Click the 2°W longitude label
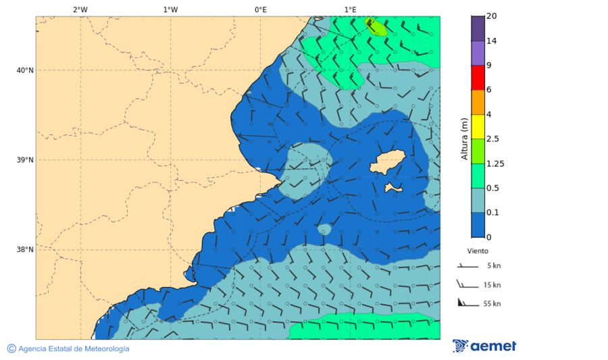pos(80,9)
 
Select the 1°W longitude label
pos(170,9)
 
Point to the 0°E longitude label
pos(260,9)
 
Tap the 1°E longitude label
pos(350,9)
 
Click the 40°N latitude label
pos(24,70)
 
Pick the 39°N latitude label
pos(24,160)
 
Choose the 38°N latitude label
pos(24,250)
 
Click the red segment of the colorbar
pos(478,78)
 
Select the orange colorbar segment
pos(478,102)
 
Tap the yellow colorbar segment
pos(478,126)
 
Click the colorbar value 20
pos(492,16)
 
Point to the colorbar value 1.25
pos(496,163)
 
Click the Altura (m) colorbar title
pos(464,138)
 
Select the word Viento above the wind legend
pos(478,251)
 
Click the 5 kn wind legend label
pos(494,266)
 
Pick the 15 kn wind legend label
pos(492,285)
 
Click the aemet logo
pos(484,346)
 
